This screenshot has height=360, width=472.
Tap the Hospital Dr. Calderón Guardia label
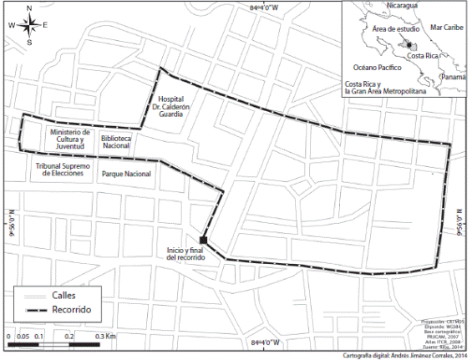pos(176,105)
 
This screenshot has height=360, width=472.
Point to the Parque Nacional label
pos(126,174)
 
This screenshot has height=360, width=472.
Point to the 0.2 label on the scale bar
pos(70,335)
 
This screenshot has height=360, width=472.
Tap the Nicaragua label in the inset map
pos(400,7)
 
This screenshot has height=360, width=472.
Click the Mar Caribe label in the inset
pos(445,28)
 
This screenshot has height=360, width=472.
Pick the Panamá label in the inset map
pos(454,77)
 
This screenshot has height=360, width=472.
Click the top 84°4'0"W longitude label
pos(266,8)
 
